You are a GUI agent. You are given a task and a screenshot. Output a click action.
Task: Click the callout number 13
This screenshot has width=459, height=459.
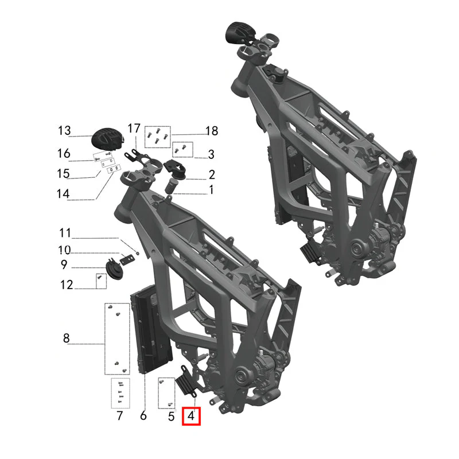[x=64, y=131]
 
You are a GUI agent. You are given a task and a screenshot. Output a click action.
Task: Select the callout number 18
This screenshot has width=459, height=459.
[x=212, y=131]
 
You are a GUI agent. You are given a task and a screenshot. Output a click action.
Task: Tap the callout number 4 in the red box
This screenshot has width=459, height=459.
[x=191, y=416]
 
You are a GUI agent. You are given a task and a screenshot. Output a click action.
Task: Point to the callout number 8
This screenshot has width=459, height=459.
[x=67, y=338]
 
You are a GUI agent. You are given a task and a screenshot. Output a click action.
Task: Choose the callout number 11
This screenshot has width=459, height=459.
[x=65, y=233]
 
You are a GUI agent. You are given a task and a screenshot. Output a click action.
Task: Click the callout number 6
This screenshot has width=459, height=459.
[x=143, y=415]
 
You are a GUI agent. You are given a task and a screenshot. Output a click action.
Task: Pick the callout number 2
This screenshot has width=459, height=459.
[x=212, y=174]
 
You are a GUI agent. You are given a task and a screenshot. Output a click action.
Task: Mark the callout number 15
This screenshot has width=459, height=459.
[x=63, y=174]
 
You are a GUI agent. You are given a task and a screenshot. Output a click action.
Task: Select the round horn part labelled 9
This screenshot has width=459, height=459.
[x=114, y=268]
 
